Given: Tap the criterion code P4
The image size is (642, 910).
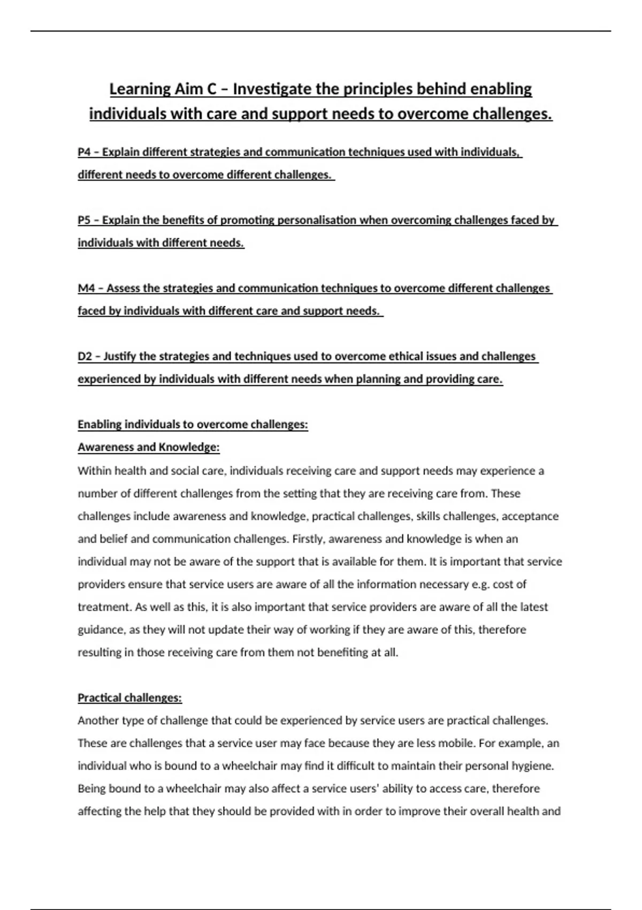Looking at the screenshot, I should point(84,152).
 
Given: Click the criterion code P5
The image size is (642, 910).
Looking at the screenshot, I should point(84,220).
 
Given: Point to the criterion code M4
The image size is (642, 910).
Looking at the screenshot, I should point(86,288).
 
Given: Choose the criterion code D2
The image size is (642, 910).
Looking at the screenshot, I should point(85,356).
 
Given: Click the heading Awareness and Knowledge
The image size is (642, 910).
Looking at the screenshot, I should point(149,447).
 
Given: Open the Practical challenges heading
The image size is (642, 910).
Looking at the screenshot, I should point(129,697).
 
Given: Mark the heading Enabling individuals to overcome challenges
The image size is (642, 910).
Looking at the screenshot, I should point(193,424).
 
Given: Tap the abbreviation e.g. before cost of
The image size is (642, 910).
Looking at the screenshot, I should point(480,585).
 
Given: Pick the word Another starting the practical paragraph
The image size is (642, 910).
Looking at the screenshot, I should point(98,721).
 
